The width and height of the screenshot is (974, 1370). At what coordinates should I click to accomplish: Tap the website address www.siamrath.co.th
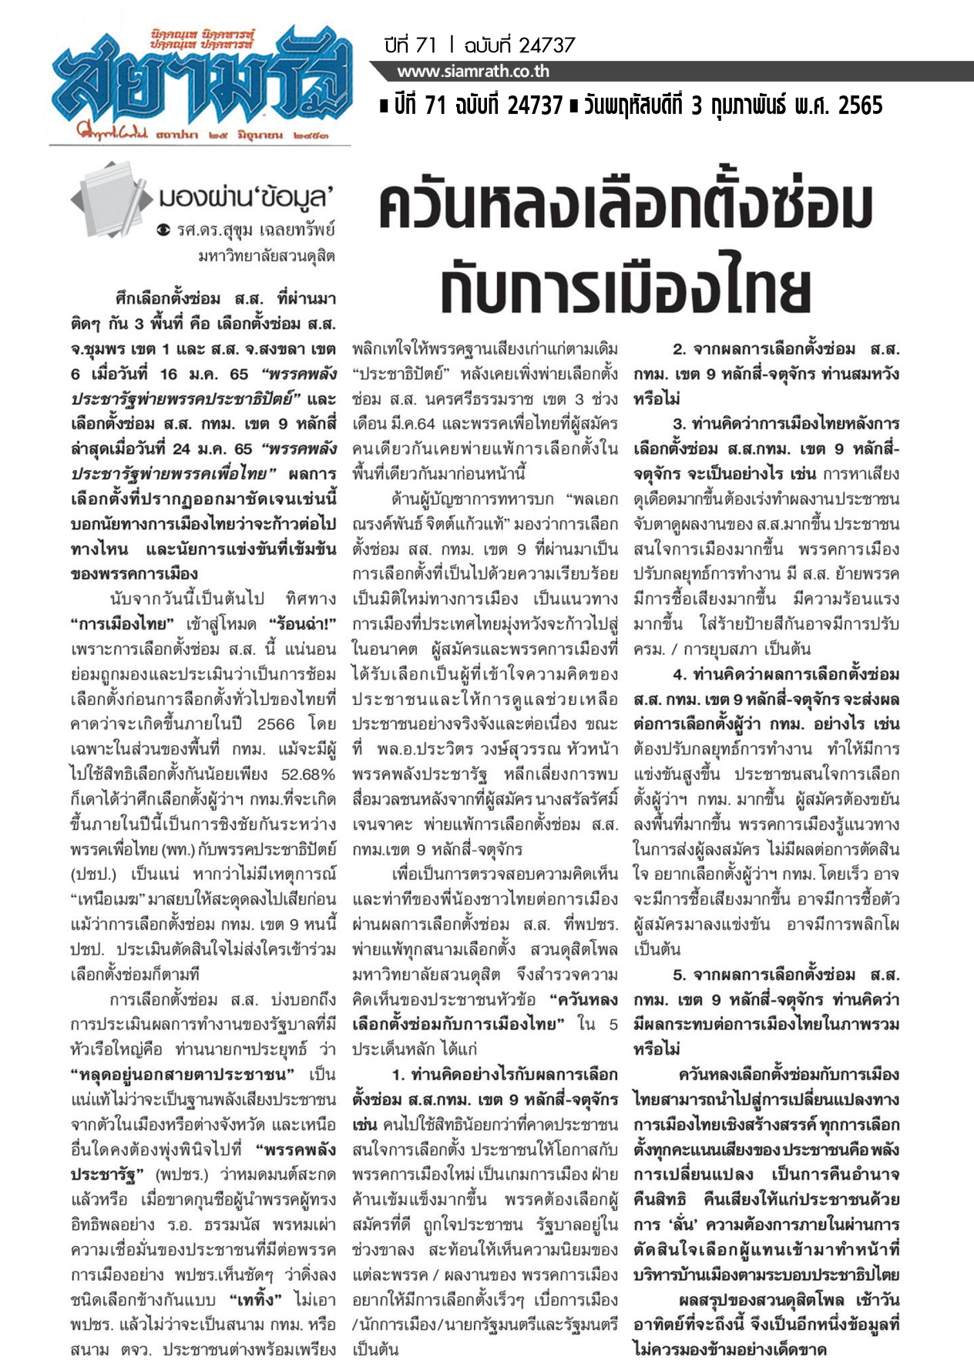coord(473,72)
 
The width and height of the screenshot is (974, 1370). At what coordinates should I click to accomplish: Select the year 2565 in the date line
coord(860,106)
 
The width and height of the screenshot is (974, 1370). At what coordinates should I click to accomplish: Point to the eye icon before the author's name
coord(163,230)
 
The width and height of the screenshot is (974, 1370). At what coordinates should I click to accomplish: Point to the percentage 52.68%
coord(309,774)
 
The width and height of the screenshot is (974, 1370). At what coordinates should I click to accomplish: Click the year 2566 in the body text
coord(276,724)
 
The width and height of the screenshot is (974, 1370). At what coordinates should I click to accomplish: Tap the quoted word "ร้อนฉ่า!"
coord(301,623)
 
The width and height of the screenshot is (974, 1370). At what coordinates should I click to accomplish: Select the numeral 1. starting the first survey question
coord(398,1074)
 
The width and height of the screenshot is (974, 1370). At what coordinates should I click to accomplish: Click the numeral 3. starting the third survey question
coord(679,424)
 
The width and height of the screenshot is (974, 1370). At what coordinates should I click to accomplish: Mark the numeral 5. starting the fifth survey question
coord(679,975)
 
